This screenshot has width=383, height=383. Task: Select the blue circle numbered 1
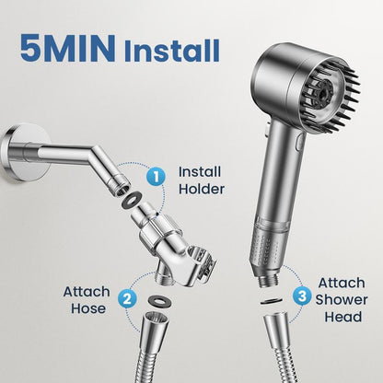[x=157, y=173]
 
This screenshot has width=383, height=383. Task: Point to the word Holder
[x=200, y=190]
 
